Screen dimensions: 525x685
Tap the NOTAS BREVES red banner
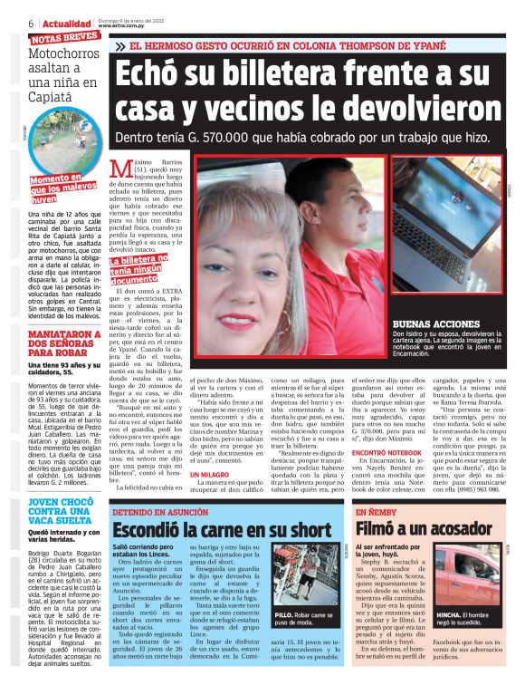coord(64,38)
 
